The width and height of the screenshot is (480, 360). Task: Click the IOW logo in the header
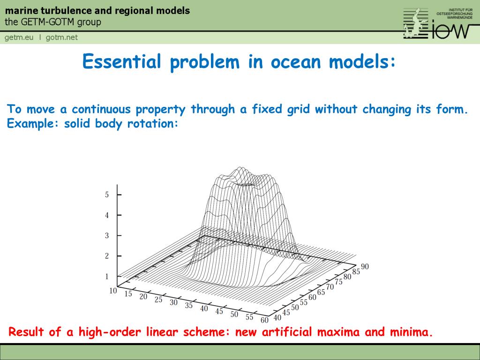(x=436, y=23)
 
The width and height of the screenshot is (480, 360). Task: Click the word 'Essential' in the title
(x=122, y=62)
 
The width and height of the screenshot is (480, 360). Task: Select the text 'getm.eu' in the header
(x=19, y=37)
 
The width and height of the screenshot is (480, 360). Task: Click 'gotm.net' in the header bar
(x=61, y=37)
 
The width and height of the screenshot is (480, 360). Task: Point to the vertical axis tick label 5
(x=107, y=195)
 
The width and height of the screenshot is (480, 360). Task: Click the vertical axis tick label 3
(x=107, y=235)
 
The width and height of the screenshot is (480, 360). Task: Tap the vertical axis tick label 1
(x=107, y=277)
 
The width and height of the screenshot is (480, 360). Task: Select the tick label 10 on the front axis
(x=113, y=291)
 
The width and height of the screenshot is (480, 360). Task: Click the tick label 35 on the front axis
(x=189, y=306)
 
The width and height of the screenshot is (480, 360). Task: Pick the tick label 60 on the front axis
(x=264, y=320)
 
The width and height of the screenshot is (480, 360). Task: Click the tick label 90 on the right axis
(x=365, y=267)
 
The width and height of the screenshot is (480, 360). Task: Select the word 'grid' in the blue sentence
(x=296, y=110)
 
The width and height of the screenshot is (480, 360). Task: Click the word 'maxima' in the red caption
(x=339, y=332)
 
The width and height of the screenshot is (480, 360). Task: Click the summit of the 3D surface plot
(x=240, y=168)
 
